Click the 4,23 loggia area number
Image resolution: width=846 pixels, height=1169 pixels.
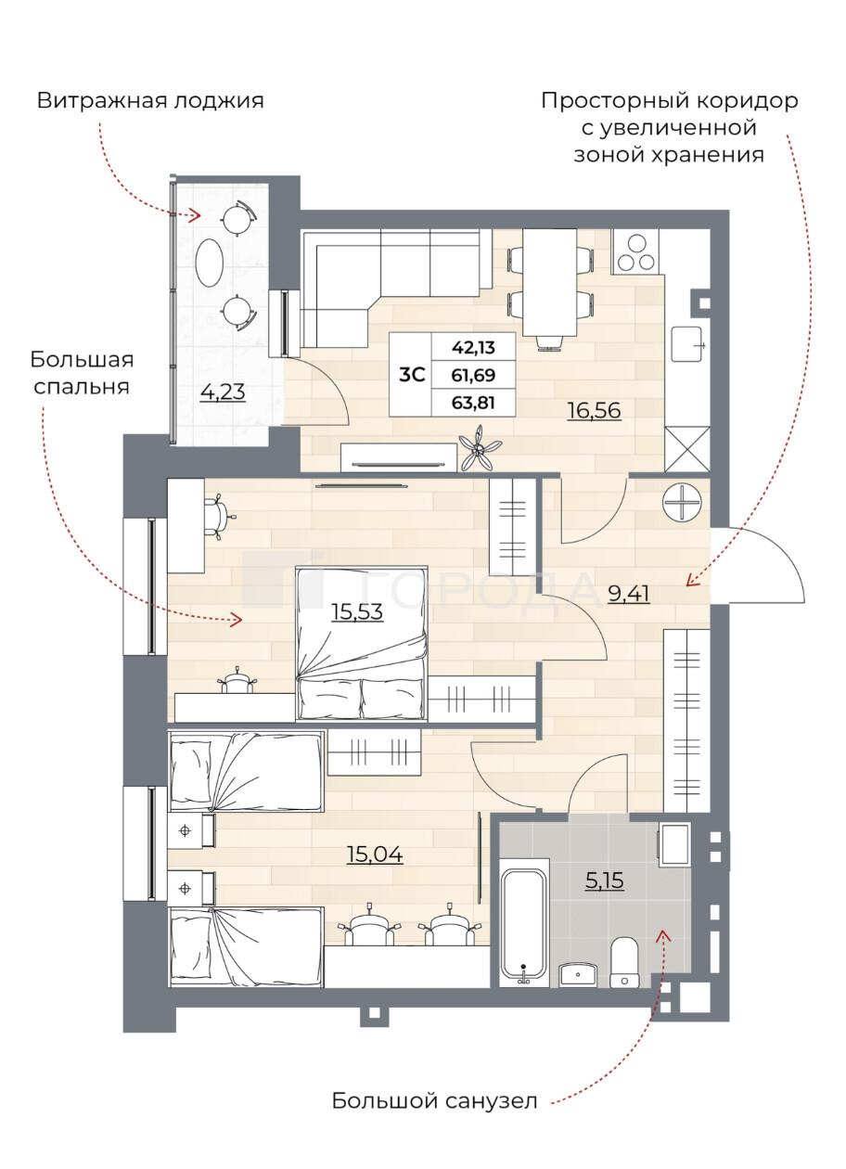pyautogui.click(x=223, y=392)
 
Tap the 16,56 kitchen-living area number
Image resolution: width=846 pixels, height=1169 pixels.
pyautogui.click(x=594, y=411)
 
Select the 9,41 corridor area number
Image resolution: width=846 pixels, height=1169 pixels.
pyautogui.click(x=629, y=594)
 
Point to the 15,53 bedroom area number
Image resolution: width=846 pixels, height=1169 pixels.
pyautogui.click(x=357, y=611)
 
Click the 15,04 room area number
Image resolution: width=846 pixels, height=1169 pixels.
pyautogui.click(x=375, y=854)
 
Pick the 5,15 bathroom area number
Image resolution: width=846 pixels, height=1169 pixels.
pyautogui.click(x=605, y=881)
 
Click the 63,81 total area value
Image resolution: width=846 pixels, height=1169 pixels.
pyautogui.click(x=473, y=403)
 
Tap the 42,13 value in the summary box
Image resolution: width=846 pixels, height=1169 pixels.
pyautogui.click(x=473, y=347)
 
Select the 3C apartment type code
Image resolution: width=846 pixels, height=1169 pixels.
pyautogui.click(x=412, y=375)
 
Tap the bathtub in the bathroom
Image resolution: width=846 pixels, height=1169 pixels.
pyautogui.click(x=524, y=929)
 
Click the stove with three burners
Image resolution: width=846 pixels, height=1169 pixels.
pyautogui.click(x=637, y=251)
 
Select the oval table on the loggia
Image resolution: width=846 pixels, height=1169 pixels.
pyautogui.click(x=211, y=263)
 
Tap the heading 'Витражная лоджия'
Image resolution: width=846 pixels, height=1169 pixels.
pyautogui.click(x=150, y=101)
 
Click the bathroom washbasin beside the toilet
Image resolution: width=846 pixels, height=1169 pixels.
pyautogui.click(x=578, y=974)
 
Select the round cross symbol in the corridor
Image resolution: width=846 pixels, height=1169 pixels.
pyautogui.click(x=683, y=503)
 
